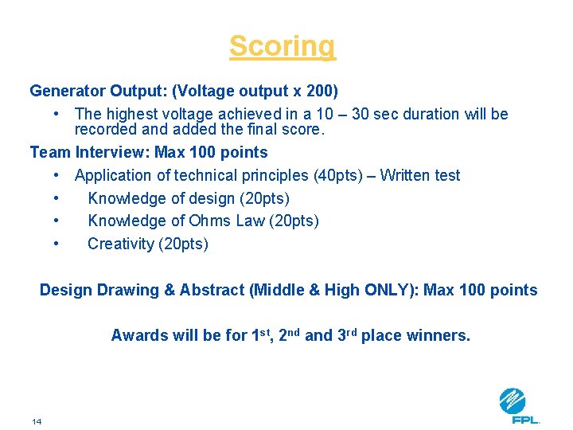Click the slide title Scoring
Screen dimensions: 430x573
click(x=283, y=46)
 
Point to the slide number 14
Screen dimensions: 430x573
click(x=37, y=421)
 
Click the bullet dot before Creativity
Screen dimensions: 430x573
click(x=57, y=244)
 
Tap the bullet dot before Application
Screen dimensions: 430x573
click(x=57, y=175)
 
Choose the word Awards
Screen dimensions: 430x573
click(x=138, y=335)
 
